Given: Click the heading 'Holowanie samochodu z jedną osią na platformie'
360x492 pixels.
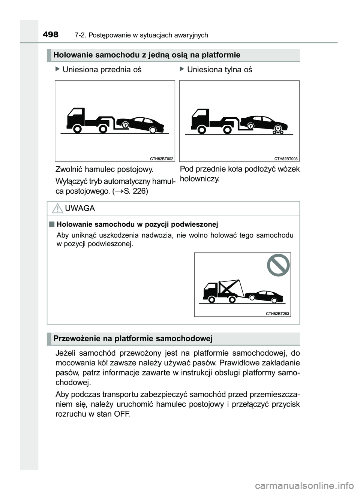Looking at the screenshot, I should click(147, 55).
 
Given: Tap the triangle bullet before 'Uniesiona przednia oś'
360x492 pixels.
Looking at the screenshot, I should click(57, 69).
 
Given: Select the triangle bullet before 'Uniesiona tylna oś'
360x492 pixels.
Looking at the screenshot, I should click(182, 69).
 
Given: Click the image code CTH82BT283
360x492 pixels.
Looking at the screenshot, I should click(277, 314).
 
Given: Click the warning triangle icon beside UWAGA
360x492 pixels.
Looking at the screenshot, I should click(57, 208).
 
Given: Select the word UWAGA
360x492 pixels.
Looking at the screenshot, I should click(79, 208).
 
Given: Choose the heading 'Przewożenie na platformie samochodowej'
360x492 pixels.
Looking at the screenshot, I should click(133, 339).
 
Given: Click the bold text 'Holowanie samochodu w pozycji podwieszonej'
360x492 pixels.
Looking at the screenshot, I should click(137, 224).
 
